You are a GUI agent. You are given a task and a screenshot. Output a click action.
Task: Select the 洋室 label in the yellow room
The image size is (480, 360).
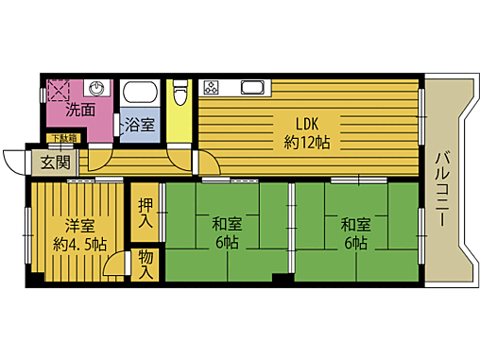pyautogui.click(x=79, y=226)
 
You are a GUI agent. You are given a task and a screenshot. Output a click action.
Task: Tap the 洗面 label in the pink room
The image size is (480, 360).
pyautogui.click(x=80, y=110)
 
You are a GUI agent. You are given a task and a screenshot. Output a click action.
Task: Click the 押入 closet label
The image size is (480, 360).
pyautogui.click(x=146, y=214)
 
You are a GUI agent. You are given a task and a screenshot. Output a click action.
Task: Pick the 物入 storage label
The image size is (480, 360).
pyautogui.click(x=146, y=264)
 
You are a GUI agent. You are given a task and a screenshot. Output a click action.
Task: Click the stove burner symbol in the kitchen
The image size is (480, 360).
pyautogui.click(x=211, y=89)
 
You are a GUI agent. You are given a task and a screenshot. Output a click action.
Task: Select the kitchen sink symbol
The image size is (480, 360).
pyautogui.click(x=254, y=89)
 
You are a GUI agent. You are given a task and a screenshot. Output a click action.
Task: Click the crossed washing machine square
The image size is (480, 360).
pyautogui.click(x=60, y=91)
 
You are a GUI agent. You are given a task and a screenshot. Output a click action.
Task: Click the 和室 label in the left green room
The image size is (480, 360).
pyautogui.click(x=226, y=224)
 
